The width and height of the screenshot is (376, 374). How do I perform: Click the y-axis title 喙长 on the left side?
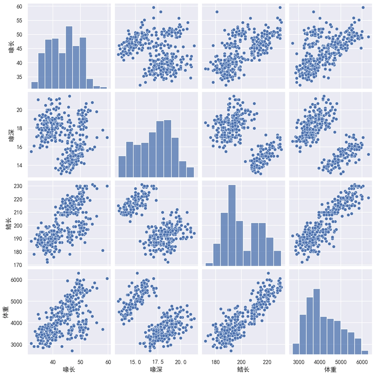[x=11, y=46]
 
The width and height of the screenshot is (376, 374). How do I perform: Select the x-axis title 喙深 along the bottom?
[x=157, y=369]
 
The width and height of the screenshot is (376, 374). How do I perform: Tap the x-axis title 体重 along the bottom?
[x=330, y=369]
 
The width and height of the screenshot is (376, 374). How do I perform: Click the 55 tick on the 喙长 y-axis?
[x=19, y=20]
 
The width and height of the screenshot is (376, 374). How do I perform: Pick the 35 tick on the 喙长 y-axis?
[x=19, y=77]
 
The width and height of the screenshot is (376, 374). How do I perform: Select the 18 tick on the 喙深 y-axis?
[x=19, y=128]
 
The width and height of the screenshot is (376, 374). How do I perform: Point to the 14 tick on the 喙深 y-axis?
[x=19, y=165]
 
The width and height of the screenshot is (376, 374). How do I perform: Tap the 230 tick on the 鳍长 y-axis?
[x=18, y=186]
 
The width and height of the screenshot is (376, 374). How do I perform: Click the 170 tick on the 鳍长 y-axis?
[x=18, y=265]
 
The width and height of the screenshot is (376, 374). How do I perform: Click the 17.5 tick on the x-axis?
[x=158, y=362]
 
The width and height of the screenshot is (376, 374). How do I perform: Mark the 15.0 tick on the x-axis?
[x=135, y=362]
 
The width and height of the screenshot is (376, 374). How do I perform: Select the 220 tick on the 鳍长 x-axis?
[x=267, y=362]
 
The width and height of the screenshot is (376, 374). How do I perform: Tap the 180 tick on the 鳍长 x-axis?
[x=216, y=362]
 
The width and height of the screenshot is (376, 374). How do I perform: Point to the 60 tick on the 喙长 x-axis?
[x=108, y=362]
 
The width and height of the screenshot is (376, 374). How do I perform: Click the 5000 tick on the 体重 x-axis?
[x=341, y=362]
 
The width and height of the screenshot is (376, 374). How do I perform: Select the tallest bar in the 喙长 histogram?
[x=69, y=57]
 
